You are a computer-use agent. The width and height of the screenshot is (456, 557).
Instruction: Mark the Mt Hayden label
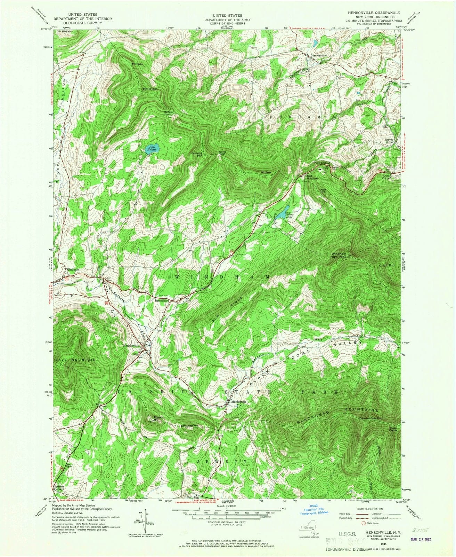coord(150,89)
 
